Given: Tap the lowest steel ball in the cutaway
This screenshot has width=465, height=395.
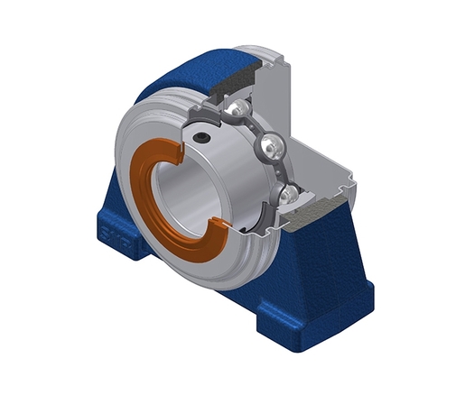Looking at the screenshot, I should (286, 193).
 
